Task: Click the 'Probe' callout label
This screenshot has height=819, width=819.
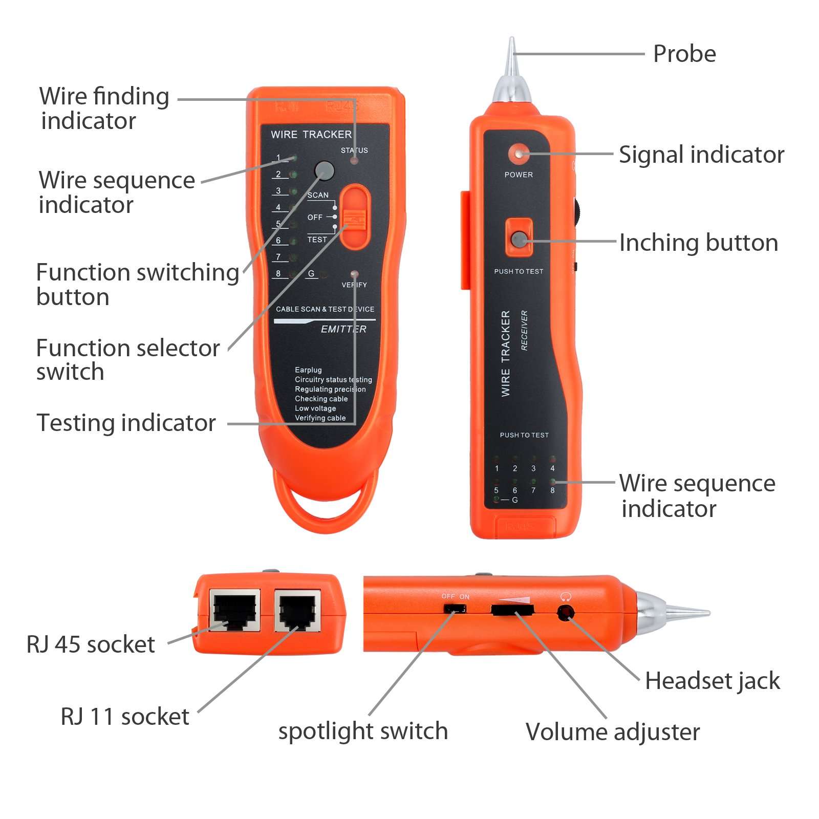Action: coord(684,54)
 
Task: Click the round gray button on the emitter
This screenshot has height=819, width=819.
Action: coord(324,170)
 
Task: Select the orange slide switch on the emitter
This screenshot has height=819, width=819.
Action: coord(354,218)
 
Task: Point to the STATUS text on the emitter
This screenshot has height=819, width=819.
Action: coord(354,150)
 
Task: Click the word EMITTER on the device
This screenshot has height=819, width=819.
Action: coord(343,329)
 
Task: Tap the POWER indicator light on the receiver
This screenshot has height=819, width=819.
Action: coord(519,154)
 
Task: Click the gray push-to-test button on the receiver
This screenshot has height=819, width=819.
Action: coord(519,239)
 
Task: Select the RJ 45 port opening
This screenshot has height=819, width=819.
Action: coord(235,611)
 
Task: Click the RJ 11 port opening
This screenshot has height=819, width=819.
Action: coord(297,611)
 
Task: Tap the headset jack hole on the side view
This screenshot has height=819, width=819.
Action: coord(565,612)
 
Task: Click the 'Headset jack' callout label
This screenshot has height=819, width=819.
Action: coord(712,681)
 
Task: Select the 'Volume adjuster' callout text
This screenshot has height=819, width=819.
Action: coord(612,732)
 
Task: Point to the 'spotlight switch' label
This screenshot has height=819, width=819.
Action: coord(363,731)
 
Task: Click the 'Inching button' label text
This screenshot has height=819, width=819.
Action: coord(698,243)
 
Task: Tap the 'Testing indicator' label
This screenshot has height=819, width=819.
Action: coord(126,423)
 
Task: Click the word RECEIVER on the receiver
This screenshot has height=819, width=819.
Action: coord(524,330)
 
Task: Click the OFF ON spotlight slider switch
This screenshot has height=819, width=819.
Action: coord(455,609)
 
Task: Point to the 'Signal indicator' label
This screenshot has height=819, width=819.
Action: coord(701,155)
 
